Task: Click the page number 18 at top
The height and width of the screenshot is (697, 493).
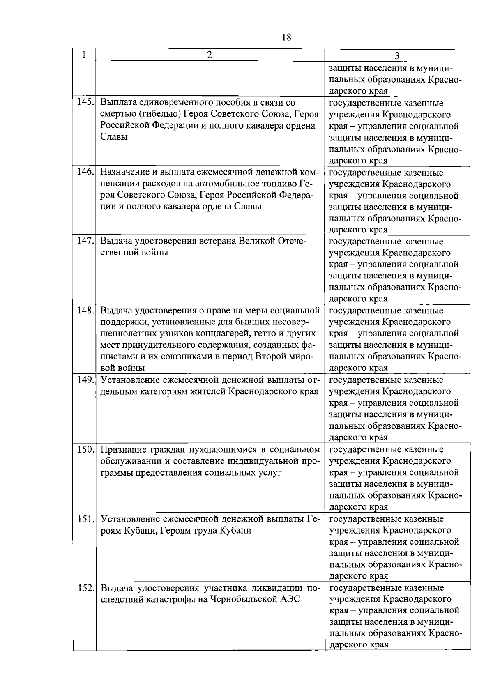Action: pos(286,37)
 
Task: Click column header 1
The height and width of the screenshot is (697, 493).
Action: pos(84,55)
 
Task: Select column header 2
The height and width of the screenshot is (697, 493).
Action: pos(210,55)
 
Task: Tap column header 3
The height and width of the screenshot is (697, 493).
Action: pos(397,56)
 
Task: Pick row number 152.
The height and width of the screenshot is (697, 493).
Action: pos(87,588)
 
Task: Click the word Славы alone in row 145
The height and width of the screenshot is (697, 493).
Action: pos(114,137)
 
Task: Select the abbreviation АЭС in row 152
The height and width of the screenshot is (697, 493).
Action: pos(290,599)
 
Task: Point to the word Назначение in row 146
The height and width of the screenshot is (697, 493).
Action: pos(123,172)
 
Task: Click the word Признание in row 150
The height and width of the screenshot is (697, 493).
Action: pos(121,449)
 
